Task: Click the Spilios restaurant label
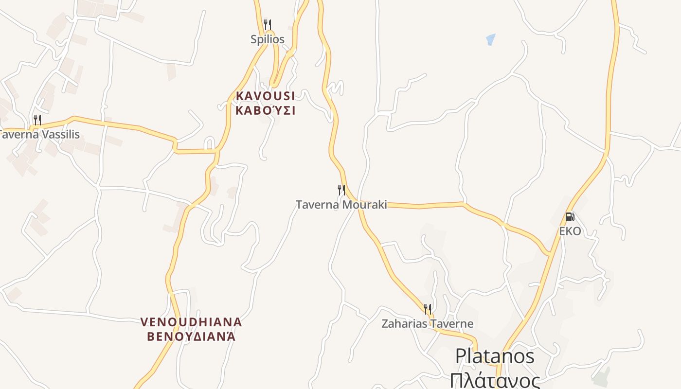point(267,39)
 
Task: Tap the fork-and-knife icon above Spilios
point(267,24)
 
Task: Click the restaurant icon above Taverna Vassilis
point(37,120)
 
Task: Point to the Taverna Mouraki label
point(341,205)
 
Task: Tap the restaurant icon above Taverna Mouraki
point(341,190)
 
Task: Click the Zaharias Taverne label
point(427,323)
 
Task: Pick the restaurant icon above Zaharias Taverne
point(427,309)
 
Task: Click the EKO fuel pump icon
point(570,216)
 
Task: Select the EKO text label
point(570,231)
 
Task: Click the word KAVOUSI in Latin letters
point(266,96)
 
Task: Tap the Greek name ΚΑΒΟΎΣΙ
point(266,110)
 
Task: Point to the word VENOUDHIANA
point(191,322)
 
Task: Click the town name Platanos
point(495,356)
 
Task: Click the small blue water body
point(490,39)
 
